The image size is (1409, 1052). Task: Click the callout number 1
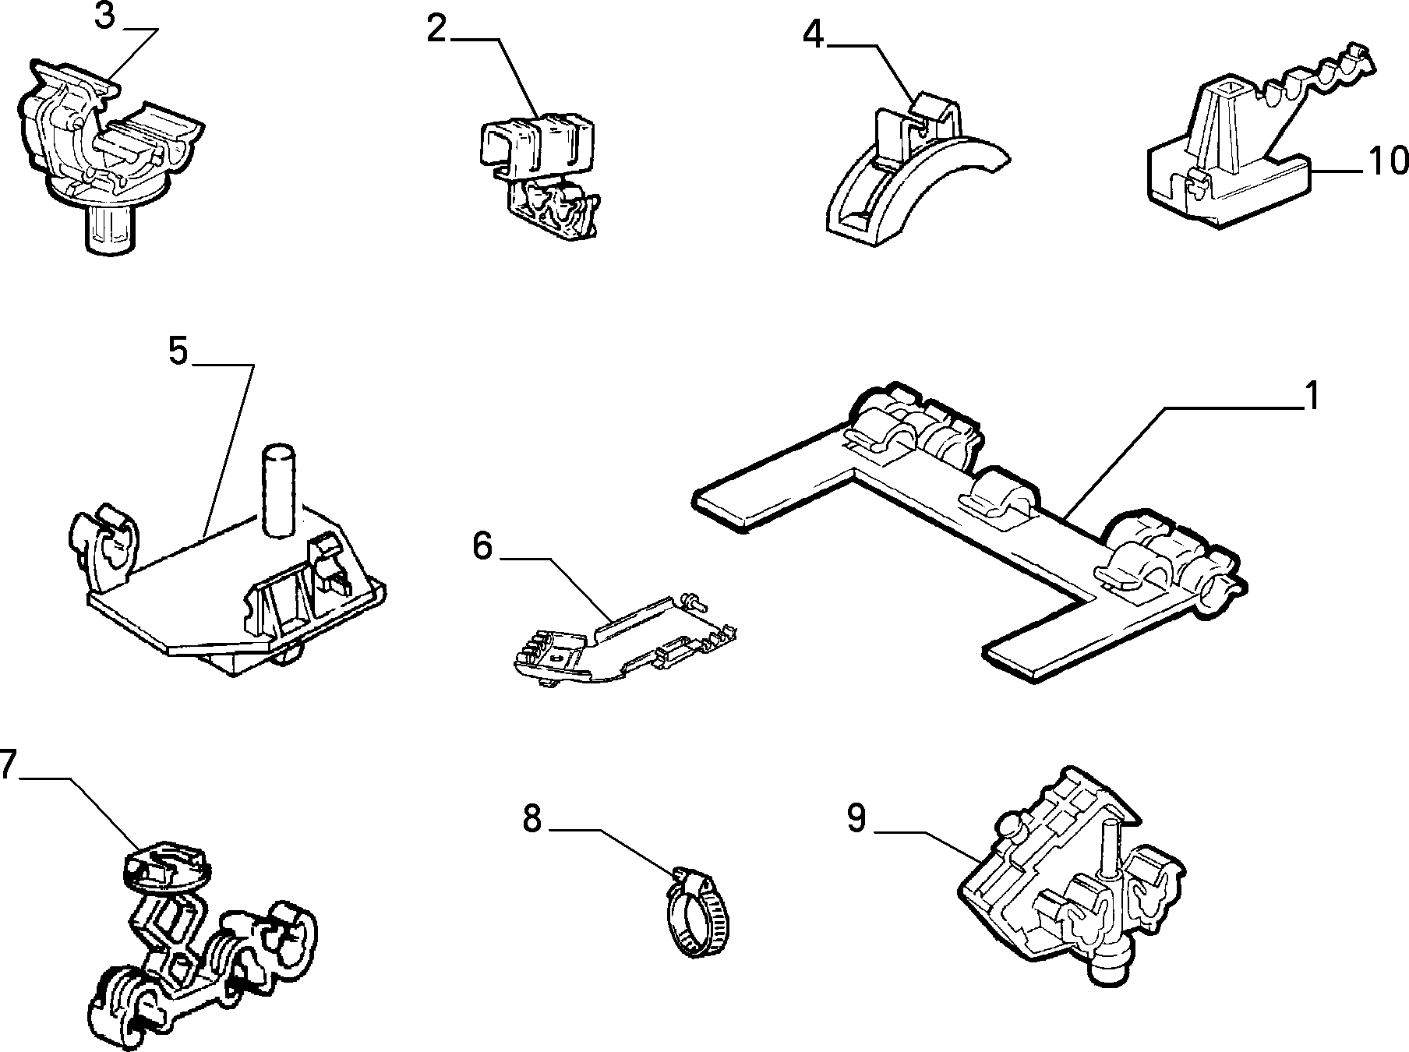[1313, 397]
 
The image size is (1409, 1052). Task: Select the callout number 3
[104, 16]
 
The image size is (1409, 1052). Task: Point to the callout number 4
[813, 35]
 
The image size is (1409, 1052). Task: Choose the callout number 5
[178, 351]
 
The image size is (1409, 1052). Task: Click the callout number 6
[482, 545]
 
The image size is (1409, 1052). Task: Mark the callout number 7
[7, 765]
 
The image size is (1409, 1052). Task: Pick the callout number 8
[532, 819]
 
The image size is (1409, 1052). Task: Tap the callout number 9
[856, 818]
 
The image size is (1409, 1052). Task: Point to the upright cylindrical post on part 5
[279, 490]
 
